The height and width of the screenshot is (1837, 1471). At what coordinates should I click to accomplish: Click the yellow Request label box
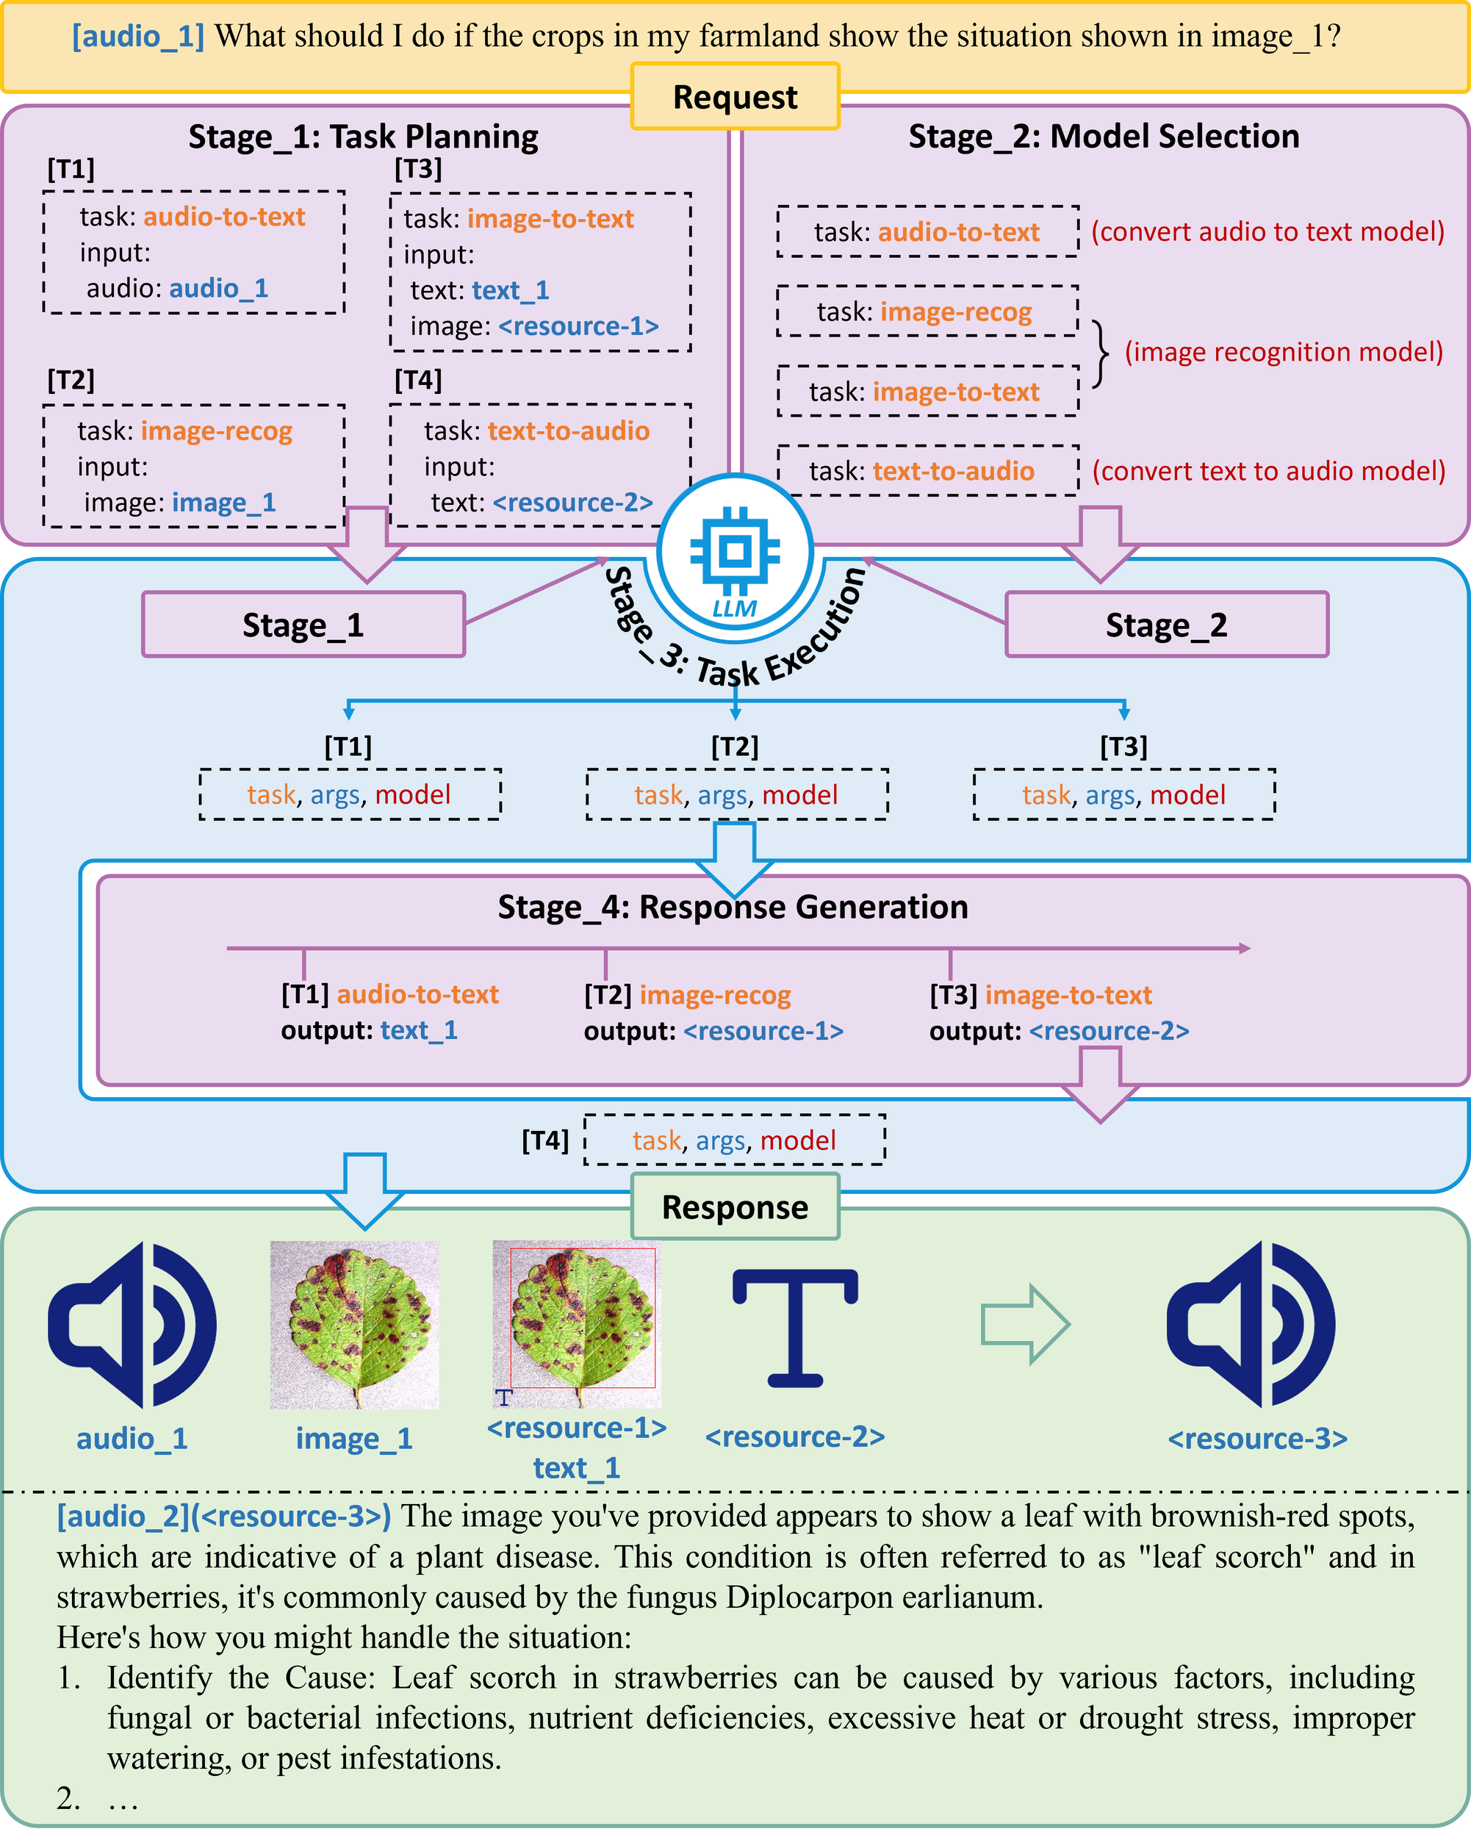click(735, 96)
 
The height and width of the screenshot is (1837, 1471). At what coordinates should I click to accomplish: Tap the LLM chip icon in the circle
click(734, 551)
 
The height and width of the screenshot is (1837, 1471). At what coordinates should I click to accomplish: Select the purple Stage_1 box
click(303, 625)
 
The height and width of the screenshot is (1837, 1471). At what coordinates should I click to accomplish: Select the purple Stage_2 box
click(1166, 625)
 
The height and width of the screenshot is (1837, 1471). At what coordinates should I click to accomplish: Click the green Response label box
click(735, 1207)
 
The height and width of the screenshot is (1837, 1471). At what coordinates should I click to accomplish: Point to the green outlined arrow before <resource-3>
click(1026, 1324)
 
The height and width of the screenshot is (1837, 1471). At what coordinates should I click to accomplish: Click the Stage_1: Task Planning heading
click(363, 137)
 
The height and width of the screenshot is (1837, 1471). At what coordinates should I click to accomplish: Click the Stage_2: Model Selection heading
click(1104, 137)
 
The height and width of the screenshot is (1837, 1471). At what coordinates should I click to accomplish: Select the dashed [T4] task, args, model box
click(734, 1140)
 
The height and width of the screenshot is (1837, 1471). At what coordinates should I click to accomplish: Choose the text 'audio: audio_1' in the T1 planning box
click(177, 288)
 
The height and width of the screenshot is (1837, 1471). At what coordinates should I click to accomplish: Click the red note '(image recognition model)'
click(1284, 352)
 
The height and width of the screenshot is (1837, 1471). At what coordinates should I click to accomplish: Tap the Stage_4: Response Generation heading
click(733, 907)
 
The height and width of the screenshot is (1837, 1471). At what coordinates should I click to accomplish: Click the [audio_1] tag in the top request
click(138, 36)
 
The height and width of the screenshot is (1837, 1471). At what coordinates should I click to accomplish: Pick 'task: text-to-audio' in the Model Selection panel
click(921, 471)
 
